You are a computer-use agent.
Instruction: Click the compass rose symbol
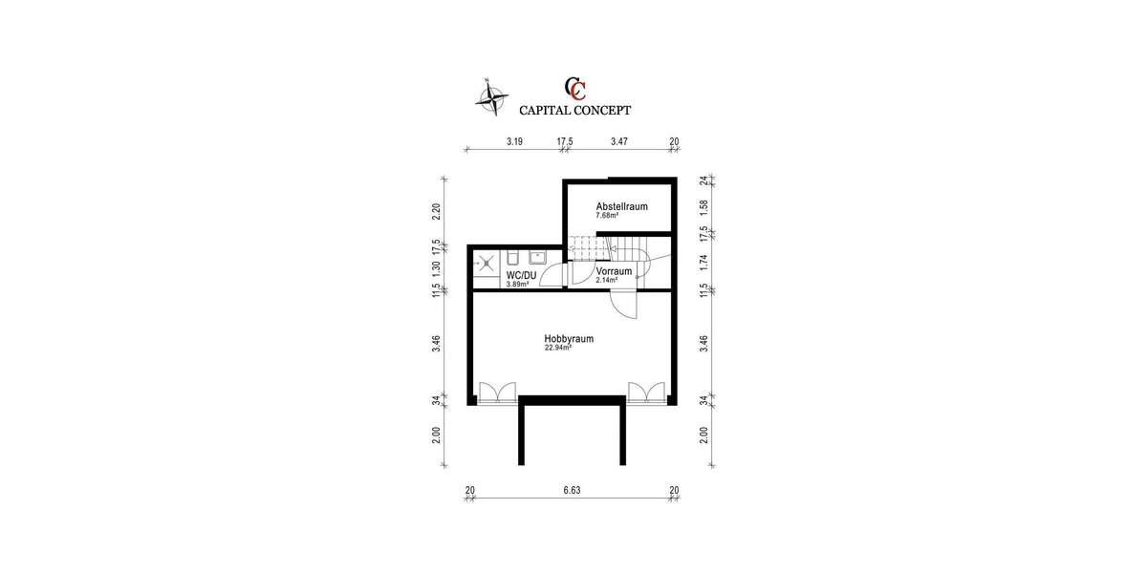[491, 95]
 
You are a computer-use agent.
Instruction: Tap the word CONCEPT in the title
[603, 110]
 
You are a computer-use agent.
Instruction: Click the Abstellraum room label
[621, 206]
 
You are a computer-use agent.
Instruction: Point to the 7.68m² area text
[607, 216]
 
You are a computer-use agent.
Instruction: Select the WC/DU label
[521, 275]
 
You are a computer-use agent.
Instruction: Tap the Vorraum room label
[614, 271]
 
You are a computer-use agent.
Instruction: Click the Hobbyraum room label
[569, 338]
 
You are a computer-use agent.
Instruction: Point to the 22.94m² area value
[558, 349]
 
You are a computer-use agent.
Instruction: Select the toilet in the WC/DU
[513, 258]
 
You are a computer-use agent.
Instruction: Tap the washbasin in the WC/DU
[538, 255]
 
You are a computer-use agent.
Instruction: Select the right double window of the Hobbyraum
[645, 393]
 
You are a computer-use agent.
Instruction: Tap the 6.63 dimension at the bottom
[571, 490]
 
